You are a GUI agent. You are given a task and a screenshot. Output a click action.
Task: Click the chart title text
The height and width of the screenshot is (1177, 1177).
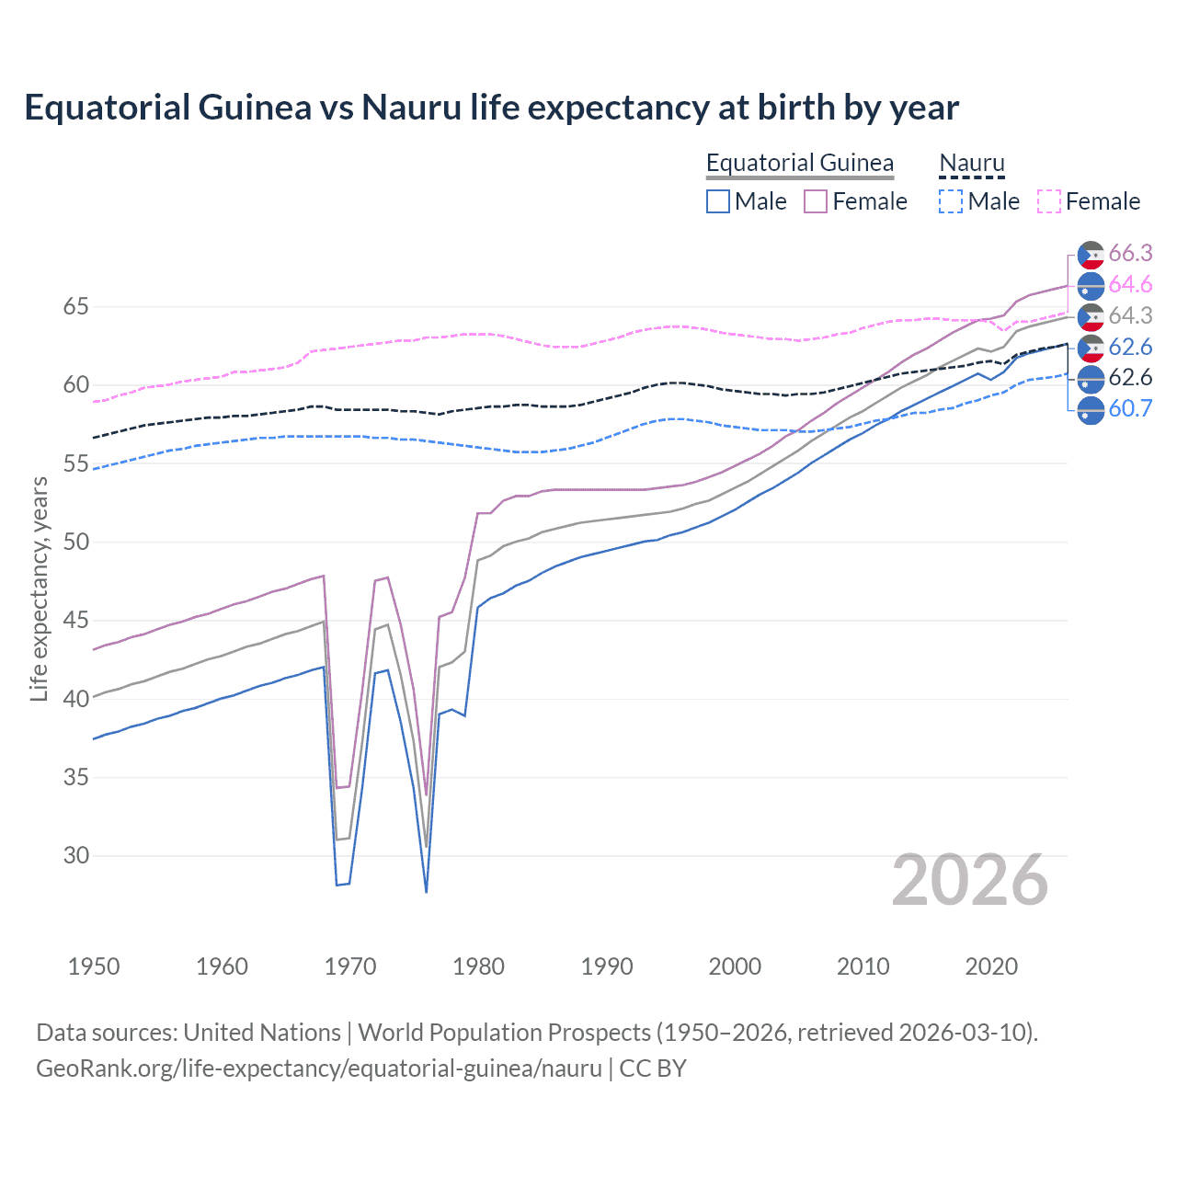coord(491,108)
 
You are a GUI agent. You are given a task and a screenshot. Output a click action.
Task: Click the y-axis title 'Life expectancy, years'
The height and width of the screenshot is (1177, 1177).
coord(39,588)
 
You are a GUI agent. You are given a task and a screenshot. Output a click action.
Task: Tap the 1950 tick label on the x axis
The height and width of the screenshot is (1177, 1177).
coord(94,966)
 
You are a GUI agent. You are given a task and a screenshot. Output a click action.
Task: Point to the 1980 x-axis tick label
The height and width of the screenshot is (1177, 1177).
coord(478,966)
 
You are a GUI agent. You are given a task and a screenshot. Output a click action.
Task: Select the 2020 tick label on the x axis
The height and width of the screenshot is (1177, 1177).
coord(990,966)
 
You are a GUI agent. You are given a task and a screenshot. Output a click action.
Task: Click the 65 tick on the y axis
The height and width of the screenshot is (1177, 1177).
coord(75,306)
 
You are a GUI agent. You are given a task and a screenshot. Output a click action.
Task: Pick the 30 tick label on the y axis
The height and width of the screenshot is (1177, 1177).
coord(75,855)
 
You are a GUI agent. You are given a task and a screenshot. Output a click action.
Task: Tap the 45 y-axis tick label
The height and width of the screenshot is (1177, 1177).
coord(75,621)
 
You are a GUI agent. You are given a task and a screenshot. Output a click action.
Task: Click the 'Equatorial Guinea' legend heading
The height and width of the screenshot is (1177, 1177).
coord(799,163)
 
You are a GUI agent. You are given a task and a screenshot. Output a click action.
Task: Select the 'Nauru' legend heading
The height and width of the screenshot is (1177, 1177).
coord(971,163)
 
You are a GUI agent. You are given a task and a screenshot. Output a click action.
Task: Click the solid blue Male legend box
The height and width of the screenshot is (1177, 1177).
coord(718,201)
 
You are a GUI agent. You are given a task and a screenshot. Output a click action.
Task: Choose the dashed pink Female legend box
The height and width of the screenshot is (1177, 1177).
coord(1049,201)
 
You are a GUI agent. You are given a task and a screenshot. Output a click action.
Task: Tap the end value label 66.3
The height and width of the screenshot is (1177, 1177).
coord(1130,254)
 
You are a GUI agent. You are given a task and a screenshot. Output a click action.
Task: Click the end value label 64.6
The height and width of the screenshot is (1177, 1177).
coord(1130,285)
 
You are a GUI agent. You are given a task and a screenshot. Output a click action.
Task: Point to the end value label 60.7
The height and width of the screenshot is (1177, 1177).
coord(1130,408)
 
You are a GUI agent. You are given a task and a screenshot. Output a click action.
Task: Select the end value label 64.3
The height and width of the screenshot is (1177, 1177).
coord(1130,315)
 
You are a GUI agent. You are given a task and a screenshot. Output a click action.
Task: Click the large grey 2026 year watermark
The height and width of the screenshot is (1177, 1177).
coord(969,880)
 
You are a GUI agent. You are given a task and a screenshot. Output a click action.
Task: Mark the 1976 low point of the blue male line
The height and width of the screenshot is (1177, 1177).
coord(427,891)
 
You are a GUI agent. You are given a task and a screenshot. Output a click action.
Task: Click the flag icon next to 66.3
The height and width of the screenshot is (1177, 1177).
coord(1091,255)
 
